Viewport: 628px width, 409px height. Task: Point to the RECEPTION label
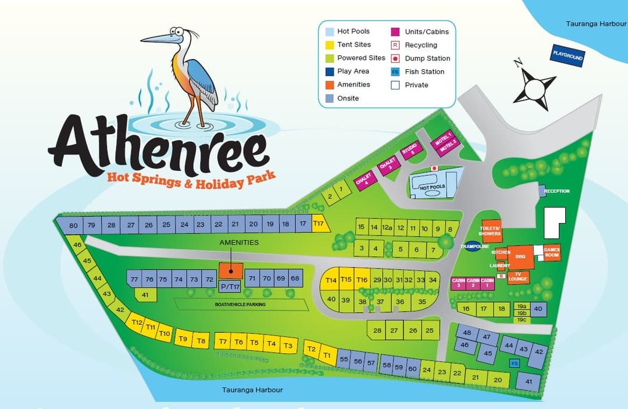556,191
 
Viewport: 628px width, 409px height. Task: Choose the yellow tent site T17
319,223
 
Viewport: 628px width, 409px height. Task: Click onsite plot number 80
73,225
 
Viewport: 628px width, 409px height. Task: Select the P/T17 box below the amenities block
230,286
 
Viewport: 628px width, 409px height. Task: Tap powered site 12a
387,228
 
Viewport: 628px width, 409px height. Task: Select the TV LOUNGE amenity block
518,277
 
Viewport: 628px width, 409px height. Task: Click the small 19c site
521,320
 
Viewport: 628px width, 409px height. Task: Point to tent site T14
331,280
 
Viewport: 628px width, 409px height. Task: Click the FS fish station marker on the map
514,363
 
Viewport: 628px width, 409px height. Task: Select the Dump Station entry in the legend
427,58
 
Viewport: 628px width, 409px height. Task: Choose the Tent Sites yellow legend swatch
330,44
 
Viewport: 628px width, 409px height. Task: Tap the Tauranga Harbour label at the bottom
252,390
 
